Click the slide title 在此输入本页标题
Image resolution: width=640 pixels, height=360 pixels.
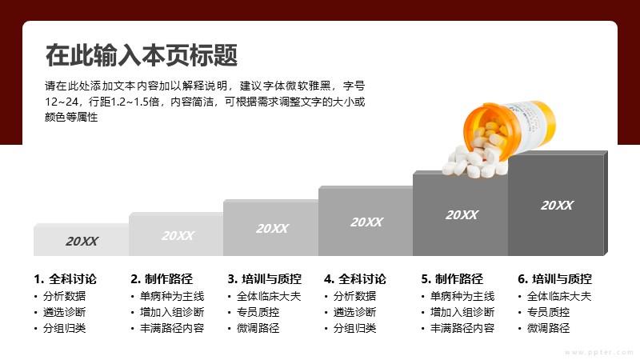(x=142, y=55)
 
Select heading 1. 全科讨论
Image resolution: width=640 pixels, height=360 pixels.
(x=66, y=279)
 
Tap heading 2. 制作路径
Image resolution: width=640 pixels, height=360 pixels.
(x=162, y=279)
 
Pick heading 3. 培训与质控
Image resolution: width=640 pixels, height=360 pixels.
(x=265, y=279)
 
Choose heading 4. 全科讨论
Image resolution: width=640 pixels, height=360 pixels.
(x=355, y=279)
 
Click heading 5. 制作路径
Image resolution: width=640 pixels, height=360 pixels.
(x=452, y=279)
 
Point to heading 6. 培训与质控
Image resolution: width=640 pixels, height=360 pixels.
(x=554, y=279)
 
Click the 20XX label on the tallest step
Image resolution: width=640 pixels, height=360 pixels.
(x=557, y=206)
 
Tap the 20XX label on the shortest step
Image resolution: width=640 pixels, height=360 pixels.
(x=82, y=242)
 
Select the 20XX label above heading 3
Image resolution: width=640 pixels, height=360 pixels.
(x=272, y=229)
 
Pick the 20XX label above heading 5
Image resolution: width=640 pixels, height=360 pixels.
(x=462, y=215)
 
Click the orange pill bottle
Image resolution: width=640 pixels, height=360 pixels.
(x=510, y=129)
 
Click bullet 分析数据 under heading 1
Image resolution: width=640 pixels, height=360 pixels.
(x=65, y=296)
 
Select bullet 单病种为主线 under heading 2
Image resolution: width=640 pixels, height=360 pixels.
(x=172, y=296)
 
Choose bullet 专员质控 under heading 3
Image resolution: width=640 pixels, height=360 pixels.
(x=258, y=312)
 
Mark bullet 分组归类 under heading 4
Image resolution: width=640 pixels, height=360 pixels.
(x=354, y=328)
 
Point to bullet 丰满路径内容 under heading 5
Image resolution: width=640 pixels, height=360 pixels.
(x=462, y=328)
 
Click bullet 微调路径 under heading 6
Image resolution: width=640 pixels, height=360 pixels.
(x=548, y=328)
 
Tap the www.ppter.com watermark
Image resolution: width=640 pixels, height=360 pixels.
(x=599, y=352)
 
